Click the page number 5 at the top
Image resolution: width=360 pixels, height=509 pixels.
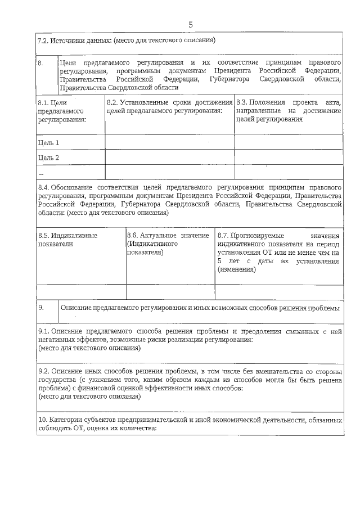190,24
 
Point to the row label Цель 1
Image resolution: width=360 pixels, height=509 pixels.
48,142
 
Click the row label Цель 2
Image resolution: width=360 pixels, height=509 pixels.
48,157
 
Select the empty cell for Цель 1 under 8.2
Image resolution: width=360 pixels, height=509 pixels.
169,142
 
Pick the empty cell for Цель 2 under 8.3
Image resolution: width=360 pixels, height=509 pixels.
288,157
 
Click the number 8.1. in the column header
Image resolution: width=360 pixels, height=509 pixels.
43,103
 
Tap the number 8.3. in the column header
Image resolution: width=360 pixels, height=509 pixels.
242,102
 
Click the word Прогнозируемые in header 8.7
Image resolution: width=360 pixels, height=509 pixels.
258,236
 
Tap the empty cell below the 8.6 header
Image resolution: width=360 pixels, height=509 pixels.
170,292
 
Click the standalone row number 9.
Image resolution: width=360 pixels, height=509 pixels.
41,308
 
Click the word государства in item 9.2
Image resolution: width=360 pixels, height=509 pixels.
57,380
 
